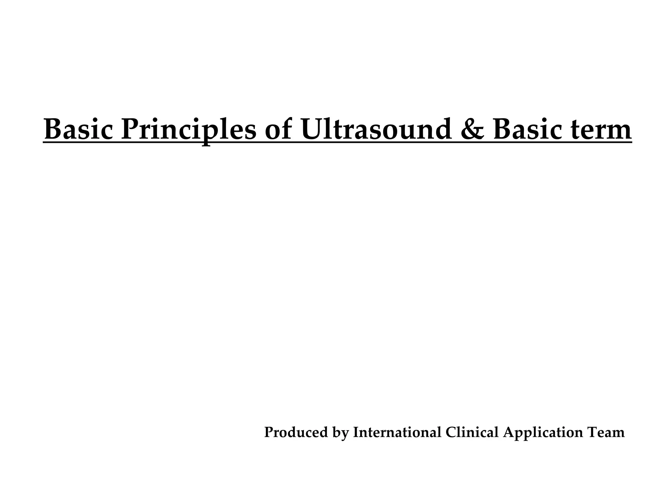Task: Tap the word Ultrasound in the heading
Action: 376,130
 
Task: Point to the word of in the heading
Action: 278,130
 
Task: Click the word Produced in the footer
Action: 296,432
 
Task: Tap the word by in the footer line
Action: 340,433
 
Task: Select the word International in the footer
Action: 397,432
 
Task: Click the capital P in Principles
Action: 130,130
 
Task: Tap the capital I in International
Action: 356,432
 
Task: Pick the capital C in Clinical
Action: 451,432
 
